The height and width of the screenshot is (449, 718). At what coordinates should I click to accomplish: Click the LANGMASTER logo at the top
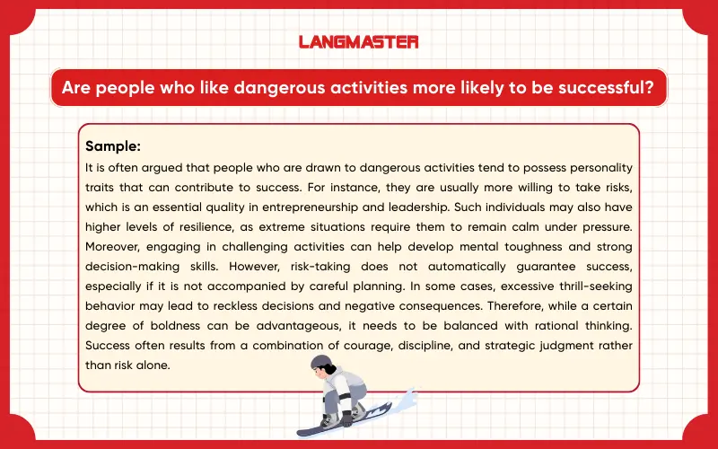[x=359, y=41]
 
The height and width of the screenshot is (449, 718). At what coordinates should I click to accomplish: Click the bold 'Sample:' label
[x=113, y=145]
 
